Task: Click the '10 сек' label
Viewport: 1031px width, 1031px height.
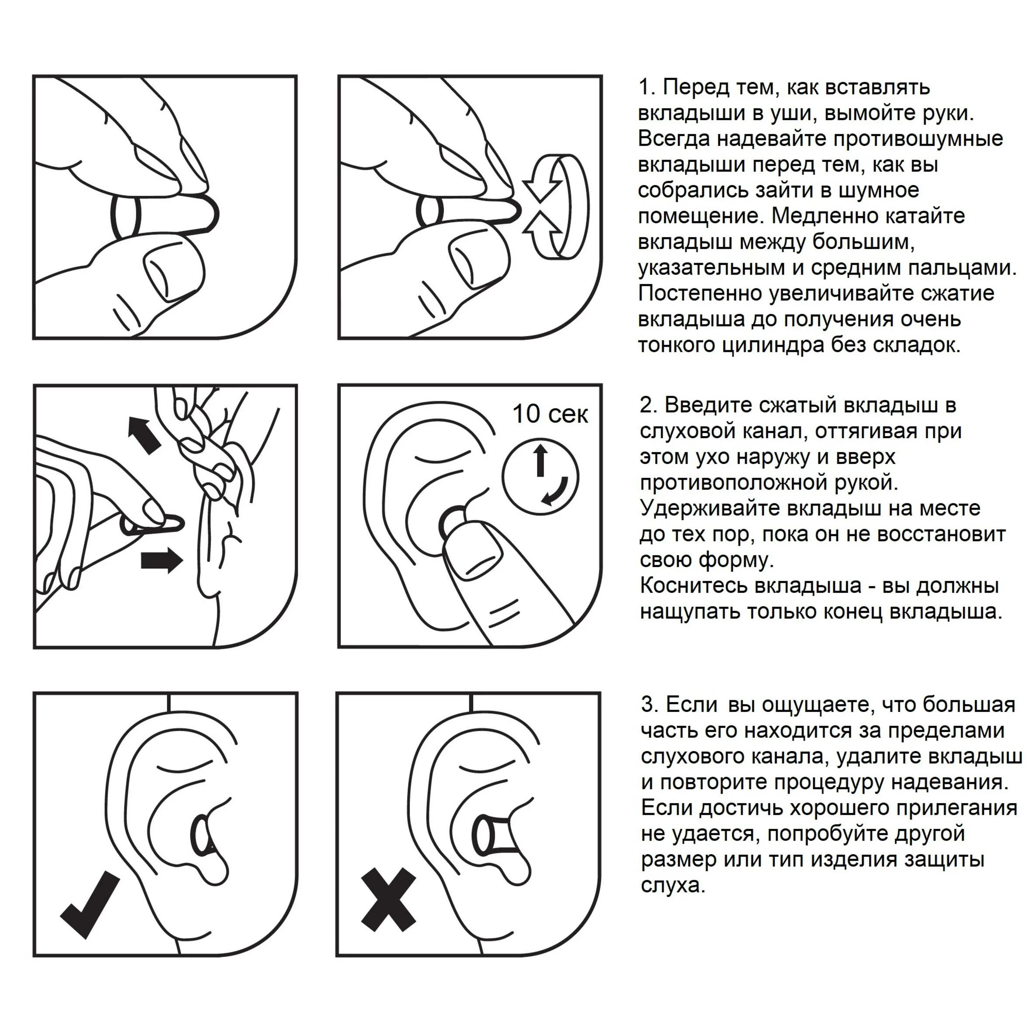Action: click(x=550, y=414)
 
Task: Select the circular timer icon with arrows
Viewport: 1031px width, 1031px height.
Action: click(x=540, y=476)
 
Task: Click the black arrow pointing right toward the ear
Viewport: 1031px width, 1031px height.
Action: click(x=162, y=560)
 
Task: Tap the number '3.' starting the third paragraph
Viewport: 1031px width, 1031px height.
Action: click(x=650, y=705)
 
